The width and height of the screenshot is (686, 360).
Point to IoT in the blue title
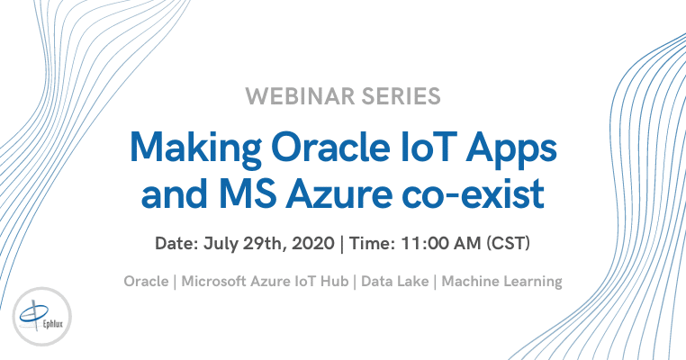coord(427,147)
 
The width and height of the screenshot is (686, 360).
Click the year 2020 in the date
coord(313,243)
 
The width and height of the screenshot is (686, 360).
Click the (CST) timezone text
coord(508,243)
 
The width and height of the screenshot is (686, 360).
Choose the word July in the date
coord(220,244)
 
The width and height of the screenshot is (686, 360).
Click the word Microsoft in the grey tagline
coord(214,281)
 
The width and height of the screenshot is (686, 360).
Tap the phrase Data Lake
coord(394,281)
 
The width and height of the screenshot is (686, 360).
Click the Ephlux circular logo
coord(42,316)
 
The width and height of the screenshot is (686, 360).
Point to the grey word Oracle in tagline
coord(146,281)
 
